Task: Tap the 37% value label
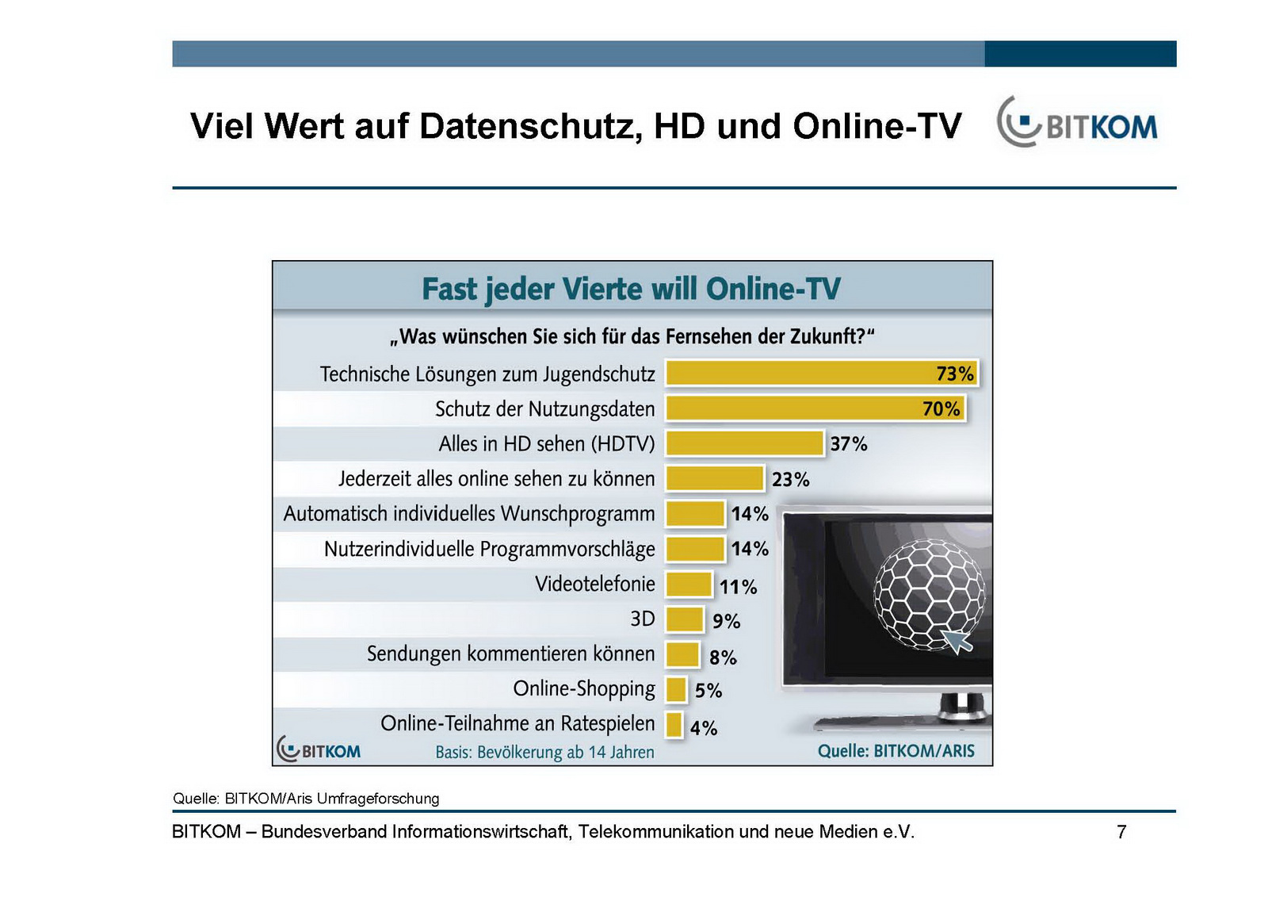848,444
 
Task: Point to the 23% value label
790,480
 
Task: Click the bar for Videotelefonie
689,585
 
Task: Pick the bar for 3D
685,619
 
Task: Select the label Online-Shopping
584,688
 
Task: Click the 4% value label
703,727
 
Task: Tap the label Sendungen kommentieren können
510,654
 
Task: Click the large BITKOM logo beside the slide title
1076,124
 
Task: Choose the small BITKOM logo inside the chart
319,749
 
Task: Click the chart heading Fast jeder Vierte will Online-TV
631,289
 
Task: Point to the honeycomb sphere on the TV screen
929,592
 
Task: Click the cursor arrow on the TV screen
957,639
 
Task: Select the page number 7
1121,832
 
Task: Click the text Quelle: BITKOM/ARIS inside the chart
896,750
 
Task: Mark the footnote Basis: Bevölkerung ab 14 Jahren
544,752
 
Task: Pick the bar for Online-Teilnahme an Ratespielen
674,724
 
